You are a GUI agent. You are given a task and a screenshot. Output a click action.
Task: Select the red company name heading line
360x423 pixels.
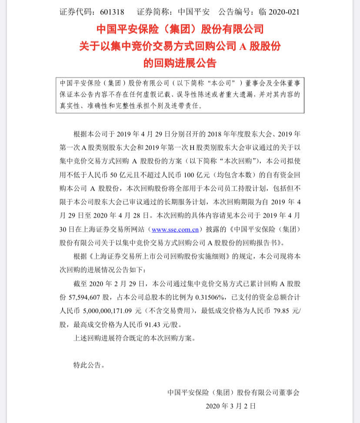180,29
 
